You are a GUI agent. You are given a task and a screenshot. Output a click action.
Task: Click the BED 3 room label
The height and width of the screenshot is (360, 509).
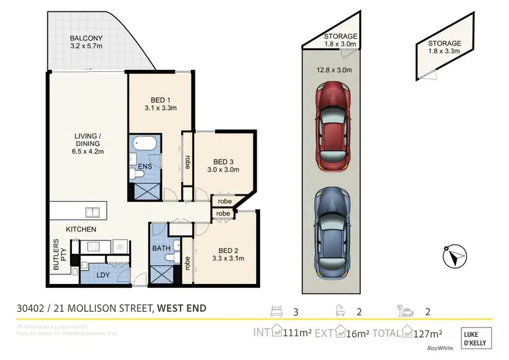(223, 161)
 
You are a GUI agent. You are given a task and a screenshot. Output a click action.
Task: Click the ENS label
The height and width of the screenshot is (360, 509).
(145, 166)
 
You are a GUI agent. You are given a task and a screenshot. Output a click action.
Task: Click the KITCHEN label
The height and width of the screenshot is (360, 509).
(81, 230)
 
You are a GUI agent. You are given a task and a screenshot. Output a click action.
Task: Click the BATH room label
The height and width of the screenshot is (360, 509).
(161, 249)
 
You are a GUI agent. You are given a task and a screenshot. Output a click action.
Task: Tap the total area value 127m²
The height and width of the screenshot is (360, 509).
(428, 333)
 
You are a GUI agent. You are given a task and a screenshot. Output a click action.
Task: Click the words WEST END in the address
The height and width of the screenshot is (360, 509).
(181, 309)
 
